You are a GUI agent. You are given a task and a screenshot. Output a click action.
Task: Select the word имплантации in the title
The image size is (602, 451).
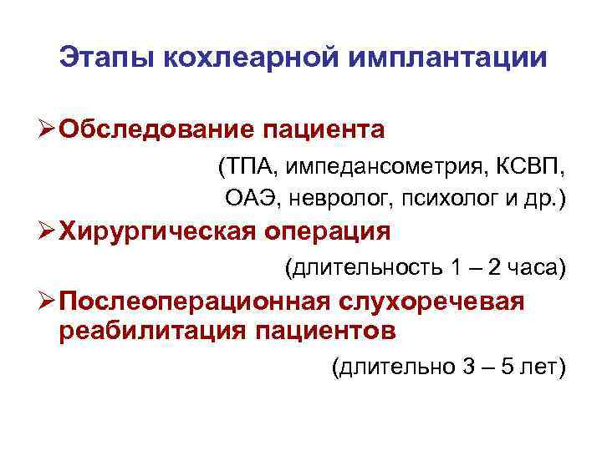pyautogui.click(x=451, y=58)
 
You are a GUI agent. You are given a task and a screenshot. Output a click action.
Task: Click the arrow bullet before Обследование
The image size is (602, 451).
pyautogui.click(x=48, y=129)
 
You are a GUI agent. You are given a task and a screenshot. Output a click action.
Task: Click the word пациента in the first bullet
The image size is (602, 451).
pyautogui.click(x=325, y=129)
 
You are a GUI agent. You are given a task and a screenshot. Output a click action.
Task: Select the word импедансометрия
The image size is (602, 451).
pyautogui.click(x=376, y=167)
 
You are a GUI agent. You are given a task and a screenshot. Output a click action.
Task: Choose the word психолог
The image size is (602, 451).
pyautogui.click(x=435, y=198)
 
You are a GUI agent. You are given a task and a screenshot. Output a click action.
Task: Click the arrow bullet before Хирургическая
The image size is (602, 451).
pyautogui.click(x=48, y=231)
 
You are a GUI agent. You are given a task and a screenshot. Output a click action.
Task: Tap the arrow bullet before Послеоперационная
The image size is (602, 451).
pyautogui.click(x=48, y=301)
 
